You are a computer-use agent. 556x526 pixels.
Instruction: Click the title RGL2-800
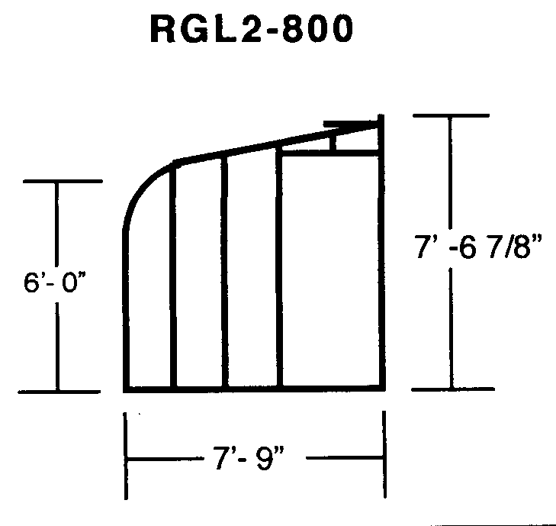252,29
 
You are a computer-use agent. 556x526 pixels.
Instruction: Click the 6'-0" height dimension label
55,282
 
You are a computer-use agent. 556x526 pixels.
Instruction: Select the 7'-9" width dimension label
249,458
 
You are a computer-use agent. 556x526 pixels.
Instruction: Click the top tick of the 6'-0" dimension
63,182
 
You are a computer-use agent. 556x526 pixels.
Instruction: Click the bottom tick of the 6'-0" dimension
59,392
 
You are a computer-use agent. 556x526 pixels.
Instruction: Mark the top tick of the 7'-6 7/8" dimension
451,116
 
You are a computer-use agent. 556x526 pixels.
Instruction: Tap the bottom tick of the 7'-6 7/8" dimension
453,389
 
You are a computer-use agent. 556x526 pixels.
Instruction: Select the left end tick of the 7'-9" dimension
126,456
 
